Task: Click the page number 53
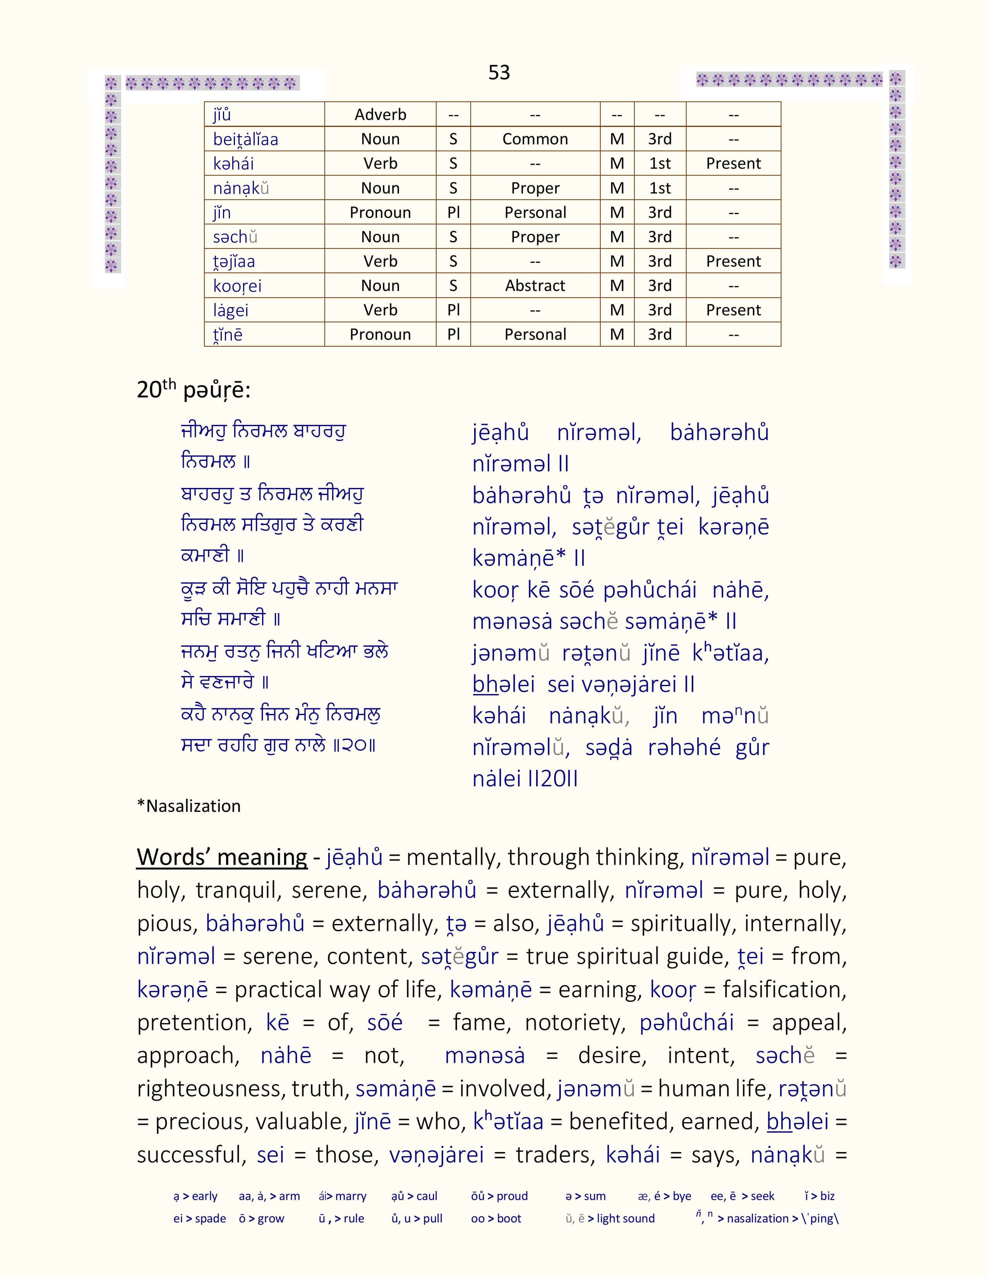[x=499, y=72]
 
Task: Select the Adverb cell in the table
[x=380, y=115]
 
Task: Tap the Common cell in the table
[x=535, y=139]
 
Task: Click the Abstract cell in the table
[x=535, y=286]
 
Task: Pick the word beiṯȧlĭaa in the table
[x=245, y=140]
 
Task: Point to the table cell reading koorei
[x=237, y=286]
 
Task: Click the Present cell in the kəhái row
[x=733, y=164]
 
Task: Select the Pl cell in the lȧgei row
[x=453, y=310]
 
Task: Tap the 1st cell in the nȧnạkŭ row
[x=660, y=188]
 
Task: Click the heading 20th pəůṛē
[x=194, y=389]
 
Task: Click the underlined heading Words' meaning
[x=222, y=857]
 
